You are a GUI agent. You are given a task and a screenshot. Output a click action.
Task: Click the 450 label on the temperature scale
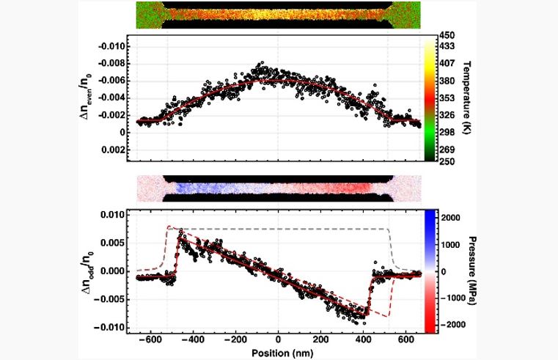tap(449, 34)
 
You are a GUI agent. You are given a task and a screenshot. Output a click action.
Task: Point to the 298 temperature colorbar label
tap(449, 131)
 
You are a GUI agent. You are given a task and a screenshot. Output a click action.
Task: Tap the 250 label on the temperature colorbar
tap(449, 161)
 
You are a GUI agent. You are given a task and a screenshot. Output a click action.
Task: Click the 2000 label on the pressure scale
tap(453, 218)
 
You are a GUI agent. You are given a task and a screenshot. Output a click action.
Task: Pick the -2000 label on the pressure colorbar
tap(455, 323)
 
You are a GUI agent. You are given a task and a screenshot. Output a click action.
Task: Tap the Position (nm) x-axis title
tap(277, 353)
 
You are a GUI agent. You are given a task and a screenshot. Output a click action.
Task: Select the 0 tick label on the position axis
tap(278, 341)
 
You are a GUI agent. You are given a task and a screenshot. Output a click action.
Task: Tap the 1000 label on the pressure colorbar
tap(453, 245)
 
